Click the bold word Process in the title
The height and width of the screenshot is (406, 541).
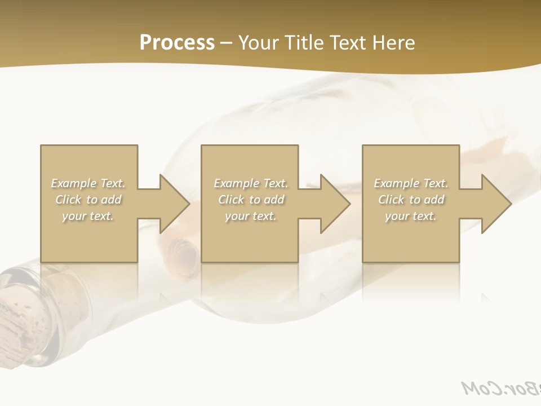click(x=177, y=43)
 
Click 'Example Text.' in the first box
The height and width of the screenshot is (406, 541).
click(x=88, y=183)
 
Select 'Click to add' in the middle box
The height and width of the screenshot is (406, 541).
click(x=251, y=200)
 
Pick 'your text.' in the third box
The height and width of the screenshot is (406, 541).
click(x=411, y=216)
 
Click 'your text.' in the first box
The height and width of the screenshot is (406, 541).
click(x=88, y=216)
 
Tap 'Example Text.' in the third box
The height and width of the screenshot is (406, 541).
click(x=411, y=183)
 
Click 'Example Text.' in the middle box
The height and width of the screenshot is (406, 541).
click(x=251, y=183)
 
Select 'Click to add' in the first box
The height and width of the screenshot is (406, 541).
click(x=88, y=200)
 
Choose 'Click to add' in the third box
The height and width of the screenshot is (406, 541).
click(x=411, y=200)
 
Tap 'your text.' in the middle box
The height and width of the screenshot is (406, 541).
click(x=251, y=216)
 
